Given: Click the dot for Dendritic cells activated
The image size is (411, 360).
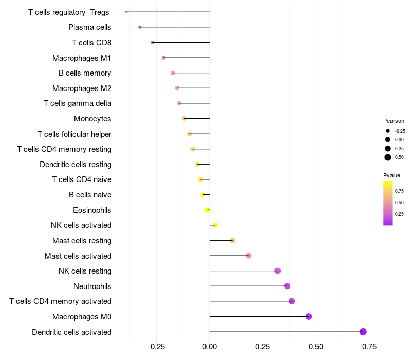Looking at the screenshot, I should (363, 332).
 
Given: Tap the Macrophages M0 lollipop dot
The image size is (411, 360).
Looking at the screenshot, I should (309, 316).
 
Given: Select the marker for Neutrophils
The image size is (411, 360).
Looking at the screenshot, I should (287, 286).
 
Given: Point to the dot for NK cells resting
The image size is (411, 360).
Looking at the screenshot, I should (277, 271).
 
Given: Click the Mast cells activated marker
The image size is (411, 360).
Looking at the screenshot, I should (249, 256).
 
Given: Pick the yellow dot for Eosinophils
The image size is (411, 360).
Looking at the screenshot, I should (208, 210).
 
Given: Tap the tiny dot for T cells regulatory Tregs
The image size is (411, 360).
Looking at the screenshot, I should (126, 12).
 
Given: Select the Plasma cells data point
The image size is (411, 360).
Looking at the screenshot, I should (140, 27).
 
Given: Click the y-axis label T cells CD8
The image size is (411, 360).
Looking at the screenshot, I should (91, 42).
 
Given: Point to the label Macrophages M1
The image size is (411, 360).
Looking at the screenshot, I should (82, 58).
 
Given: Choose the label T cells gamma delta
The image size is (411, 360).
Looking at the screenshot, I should (78, 103).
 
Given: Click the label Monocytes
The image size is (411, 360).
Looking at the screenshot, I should (92, 119).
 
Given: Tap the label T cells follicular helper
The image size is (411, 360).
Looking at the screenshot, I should (74, 134).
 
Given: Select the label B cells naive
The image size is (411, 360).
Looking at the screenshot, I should (90, 195).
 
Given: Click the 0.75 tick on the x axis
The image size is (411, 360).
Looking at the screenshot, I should (368, 347).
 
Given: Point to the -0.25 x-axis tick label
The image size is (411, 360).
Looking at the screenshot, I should (156, 347).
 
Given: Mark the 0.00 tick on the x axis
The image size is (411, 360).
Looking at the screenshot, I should (210, 347).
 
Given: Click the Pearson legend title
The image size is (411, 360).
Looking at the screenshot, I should (394, 121).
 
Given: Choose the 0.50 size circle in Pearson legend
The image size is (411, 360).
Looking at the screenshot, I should (388, 157).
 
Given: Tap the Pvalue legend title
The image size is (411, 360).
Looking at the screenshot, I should (392, 175).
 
